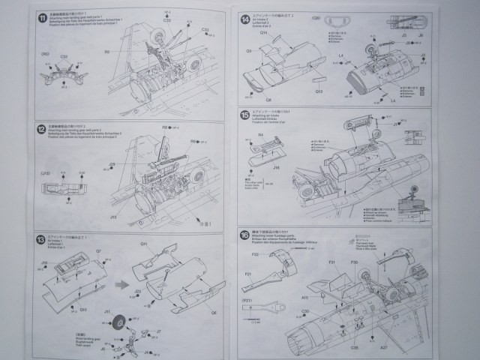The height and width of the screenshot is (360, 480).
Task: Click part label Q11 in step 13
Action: point(143,244)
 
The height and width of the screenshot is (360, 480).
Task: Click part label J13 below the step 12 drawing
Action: point(113,217)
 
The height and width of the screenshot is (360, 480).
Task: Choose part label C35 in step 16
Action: point(352,348)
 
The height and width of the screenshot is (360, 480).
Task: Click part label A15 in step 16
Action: point(304,297)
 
